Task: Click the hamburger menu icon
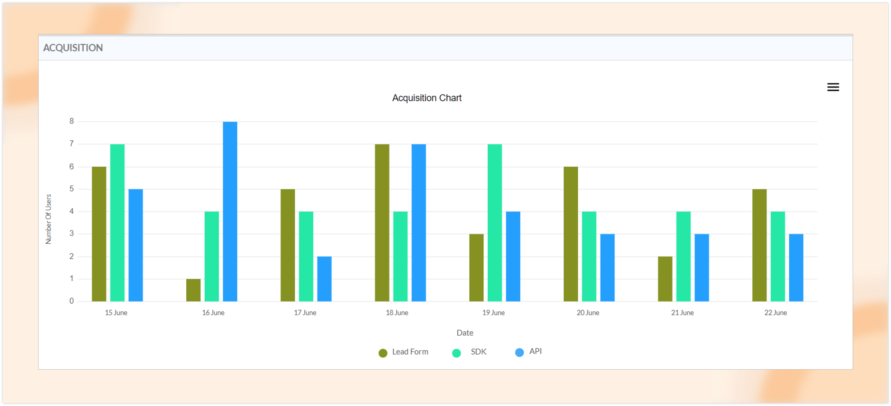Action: pyautogui.click(x=833, y=87)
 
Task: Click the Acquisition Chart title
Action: pyautogui.click(x=426, y=98)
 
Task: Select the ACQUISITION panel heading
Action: pyautogui.click(x=73, y=48)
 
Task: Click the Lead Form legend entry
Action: pyautogui.click(x=403, y=352)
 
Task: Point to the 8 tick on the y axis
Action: pyautogui.click(x=72, y=121)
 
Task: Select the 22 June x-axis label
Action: pyautogui.click(x=775, y=313)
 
